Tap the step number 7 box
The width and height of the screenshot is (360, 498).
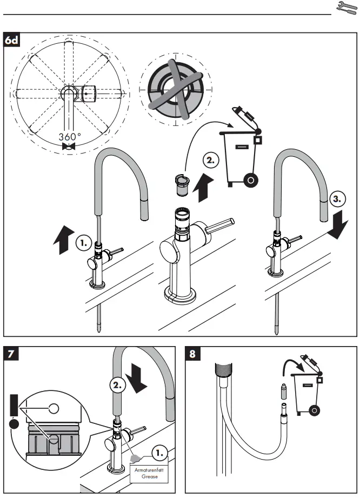coord(11,355)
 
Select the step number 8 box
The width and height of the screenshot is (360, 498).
coord(194,355)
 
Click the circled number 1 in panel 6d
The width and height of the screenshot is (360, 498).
coord(83,244)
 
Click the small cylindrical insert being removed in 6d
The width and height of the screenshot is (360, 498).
coord(182,184)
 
